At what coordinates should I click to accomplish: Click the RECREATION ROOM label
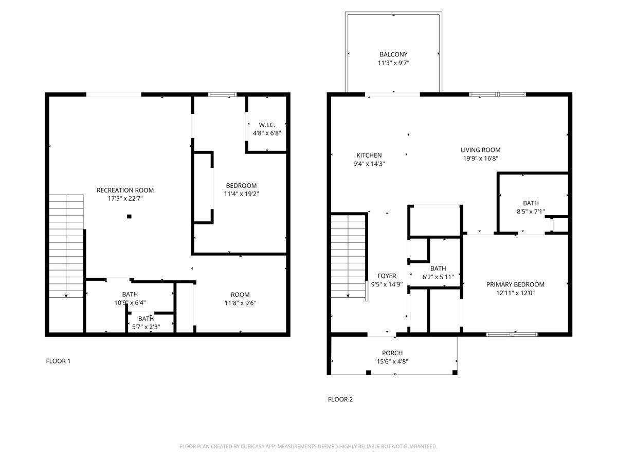coord(125,190)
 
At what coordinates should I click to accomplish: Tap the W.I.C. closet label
coord(267,125)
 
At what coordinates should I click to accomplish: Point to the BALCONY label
coord(393,54)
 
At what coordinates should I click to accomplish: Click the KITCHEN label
coord(369,155)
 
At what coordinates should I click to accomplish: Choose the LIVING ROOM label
coord(480,150)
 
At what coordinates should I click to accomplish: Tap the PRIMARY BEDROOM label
coord(515,284)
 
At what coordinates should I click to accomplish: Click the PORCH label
coord(392,353)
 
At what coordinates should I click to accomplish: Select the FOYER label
coord(387,276)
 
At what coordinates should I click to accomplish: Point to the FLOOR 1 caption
coord(58,361)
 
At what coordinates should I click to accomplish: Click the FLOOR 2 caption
coord(340,399)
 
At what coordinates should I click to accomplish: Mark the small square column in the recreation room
coord(130,217)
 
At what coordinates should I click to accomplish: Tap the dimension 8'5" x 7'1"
coord(531,211)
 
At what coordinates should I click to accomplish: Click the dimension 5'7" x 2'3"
coord(146,326)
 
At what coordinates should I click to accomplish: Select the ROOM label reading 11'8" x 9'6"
coord(240,295)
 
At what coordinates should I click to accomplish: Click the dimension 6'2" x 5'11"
coord(438,276)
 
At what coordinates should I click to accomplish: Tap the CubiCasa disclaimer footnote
coord(308,447)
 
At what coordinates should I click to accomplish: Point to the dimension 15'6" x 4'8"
coord(392,361)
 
